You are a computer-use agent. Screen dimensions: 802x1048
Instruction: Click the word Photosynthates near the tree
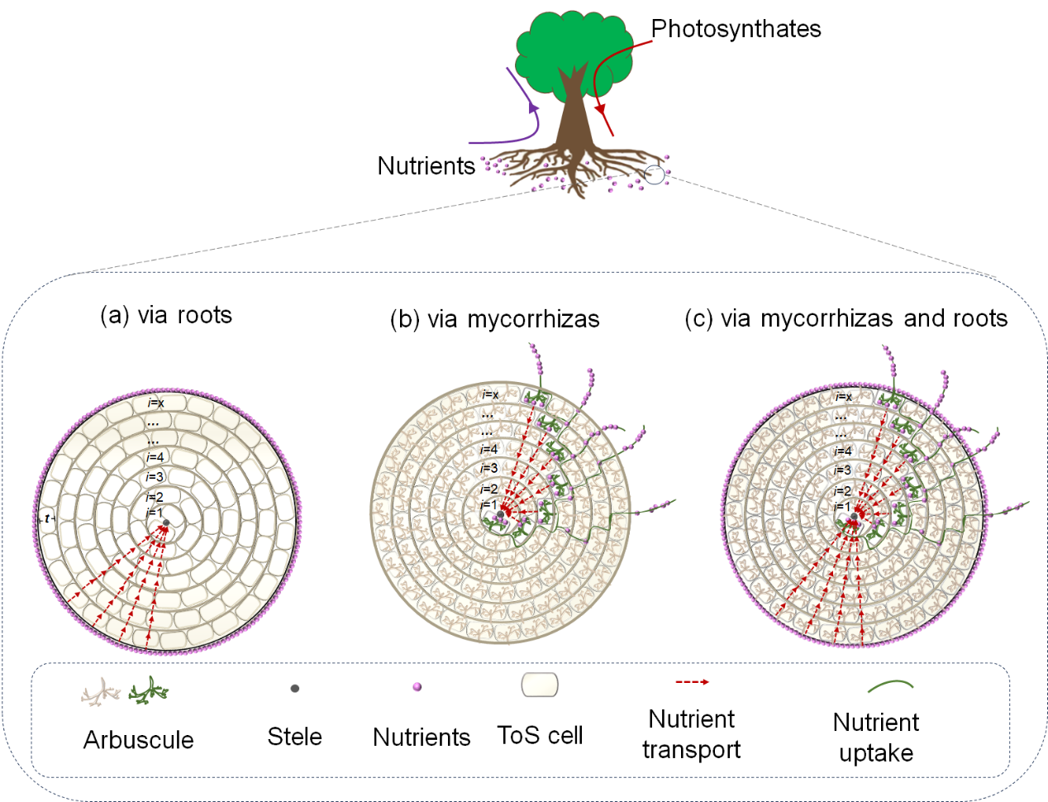(x=736, y=29)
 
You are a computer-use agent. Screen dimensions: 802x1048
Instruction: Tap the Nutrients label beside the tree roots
(x=426, y=166)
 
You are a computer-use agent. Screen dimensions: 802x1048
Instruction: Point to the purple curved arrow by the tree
(x=529, y=112)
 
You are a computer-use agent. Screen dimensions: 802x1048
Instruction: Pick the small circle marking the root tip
(x=654, y=174)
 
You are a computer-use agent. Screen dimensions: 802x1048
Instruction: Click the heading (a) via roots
(x=166, y=315)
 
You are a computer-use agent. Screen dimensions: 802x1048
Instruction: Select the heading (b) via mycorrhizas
(x=494, y=319)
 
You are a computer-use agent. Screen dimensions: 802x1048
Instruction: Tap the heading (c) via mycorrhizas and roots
(x=846, y=318)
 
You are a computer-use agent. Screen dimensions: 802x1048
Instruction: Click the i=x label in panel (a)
(x=155, y=403)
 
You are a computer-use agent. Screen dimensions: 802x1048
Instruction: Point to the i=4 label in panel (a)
(x=155, y=457)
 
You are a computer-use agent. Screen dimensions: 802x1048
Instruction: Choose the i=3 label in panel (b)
(x=488, y=469)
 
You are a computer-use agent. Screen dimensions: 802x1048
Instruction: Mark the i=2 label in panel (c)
(x=841, y=490)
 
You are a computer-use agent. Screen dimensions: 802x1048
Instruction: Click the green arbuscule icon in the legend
(x=148, y=690)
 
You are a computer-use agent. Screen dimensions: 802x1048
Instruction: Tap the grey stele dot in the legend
(x=295, y=688)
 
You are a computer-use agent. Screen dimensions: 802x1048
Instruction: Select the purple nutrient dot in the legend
(x=417, y=686)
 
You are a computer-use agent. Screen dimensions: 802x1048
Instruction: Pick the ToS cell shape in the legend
(x=540, y=685)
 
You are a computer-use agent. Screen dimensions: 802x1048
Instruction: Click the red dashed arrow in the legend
(x=692, y=682)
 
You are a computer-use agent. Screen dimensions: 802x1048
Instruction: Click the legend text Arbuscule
(x=139, y=740)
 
